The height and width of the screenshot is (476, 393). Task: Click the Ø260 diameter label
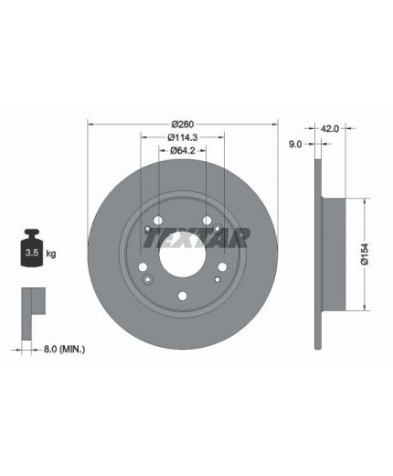pos(183,124)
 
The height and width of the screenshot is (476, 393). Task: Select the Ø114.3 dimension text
pos(183,137)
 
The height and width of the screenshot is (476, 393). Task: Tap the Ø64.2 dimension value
pos(183,150)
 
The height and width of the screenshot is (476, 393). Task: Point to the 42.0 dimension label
pos(329,129)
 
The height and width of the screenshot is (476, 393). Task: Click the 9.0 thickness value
pos(295,144)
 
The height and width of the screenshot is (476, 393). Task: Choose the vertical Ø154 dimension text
pos(365,254)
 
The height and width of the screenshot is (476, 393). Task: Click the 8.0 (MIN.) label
pos(64,349)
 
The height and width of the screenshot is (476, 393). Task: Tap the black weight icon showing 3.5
pos(32,248)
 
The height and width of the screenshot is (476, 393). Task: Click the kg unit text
pos(51,254)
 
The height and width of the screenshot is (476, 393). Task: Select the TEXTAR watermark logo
pos(196,238)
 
